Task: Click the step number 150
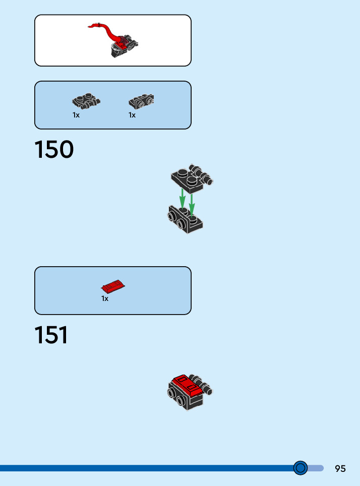click(x=54, y=150)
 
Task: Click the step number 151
click(x=51, y=336)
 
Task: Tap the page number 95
click(x=340, y=468)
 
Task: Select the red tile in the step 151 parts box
click(x=113, y=287)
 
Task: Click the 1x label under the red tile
click(x=105, y=298)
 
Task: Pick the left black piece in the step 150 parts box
click(x=86, y=101)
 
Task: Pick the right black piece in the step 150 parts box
click(x=141, y=101)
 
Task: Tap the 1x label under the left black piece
click(x=76, y=115)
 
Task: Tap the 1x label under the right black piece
click(x=132, y=115)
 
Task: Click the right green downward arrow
click(x=192, y=202)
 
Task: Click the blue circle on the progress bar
click(x=301, y=468)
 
